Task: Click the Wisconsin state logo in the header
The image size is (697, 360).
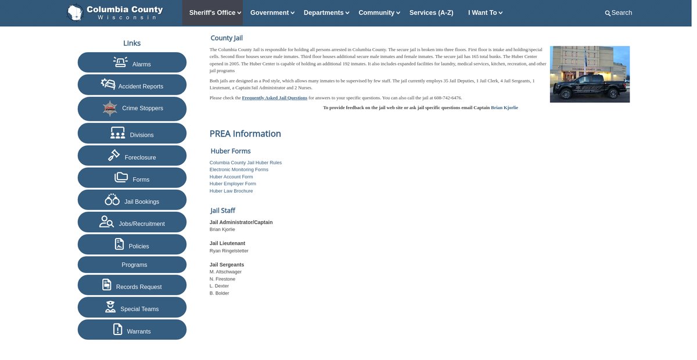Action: [74, 12]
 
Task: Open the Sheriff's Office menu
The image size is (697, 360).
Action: [215, 13]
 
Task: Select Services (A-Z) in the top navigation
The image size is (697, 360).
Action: [431, 13]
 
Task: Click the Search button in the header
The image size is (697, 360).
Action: [618, 13]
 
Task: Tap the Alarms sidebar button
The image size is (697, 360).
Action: [132, 63]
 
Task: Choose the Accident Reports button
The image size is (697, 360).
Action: [132, 85]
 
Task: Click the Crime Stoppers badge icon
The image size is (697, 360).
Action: [110, 108]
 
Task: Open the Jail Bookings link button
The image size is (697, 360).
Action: [132, 200]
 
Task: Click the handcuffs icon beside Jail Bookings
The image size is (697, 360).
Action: [112, 200]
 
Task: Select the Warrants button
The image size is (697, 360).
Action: [132, 330]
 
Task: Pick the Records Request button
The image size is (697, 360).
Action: [132, 286]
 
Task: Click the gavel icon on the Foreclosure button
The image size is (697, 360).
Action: [114, 156]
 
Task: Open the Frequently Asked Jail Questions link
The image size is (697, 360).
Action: [274, 98]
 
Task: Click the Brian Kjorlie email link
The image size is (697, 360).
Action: [504, 107]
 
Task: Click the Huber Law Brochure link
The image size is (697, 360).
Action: [231, 191]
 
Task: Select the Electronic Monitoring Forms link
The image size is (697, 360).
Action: [239, 170]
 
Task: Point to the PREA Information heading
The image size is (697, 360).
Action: [245, 134]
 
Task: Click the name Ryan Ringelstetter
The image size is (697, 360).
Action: [229, 251]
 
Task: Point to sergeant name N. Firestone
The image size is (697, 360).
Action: [222, 279]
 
